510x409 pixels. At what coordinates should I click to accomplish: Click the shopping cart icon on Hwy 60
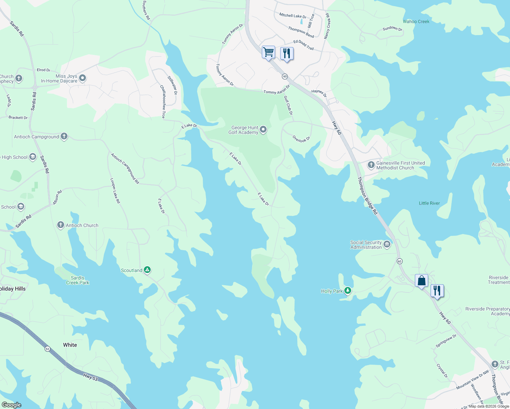pyautogui.click(x=268, y=52)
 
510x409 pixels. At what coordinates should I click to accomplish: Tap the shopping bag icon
pyautogui.click(x=421, y=281)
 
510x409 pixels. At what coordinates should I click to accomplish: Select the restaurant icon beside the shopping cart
pyautogui.click(x=287, y=54)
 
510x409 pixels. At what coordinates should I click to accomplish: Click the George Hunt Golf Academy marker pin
pyautogui.click(x=263, y=130)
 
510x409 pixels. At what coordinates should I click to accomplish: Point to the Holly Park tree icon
pyautogui.click(x=347, y=291)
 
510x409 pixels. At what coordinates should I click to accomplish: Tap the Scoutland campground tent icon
pyautogui.click(x=147, y=270)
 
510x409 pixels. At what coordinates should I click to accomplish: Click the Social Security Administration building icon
pyautogui.click(x=387, y=244)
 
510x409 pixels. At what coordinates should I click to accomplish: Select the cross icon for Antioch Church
pyautogui.click(x=61, y=225)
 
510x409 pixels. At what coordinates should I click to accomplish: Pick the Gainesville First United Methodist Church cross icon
pyautogui.click(x=371, y=165)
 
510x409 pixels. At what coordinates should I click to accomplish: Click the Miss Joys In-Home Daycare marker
pyautogui.click(x=82, y=78)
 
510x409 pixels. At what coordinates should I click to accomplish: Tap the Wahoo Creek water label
pyautogui.click(x=416, y=21)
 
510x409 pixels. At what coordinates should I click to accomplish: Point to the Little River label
pyautogui.click(x=429, y=203)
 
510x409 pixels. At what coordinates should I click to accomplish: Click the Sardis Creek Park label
pyautogui.click(x=77, y=280)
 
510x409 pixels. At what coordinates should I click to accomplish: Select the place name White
pyautogui.click(x=70, y=345)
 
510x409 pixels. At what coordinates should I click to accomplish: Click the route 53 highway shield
pyautogui.click(x=47, y=349)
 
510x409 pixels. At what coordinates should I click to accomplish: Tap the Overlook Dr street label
pyautogui.click(x=301, y=139)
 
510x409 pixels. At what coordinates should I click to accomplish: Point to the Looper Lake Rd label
pyautogui.click(x=115, y=191)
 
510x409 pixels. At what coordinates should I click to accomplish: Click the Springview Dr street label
pyautogui.click(x=446, y=341)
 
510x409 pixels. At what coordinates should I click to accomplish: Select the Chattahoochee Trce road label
pyautogui.click(x=163, y=102)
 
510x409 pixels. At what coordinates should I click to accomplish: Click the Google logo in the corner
pyautogui.click(x=11, y=405)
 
